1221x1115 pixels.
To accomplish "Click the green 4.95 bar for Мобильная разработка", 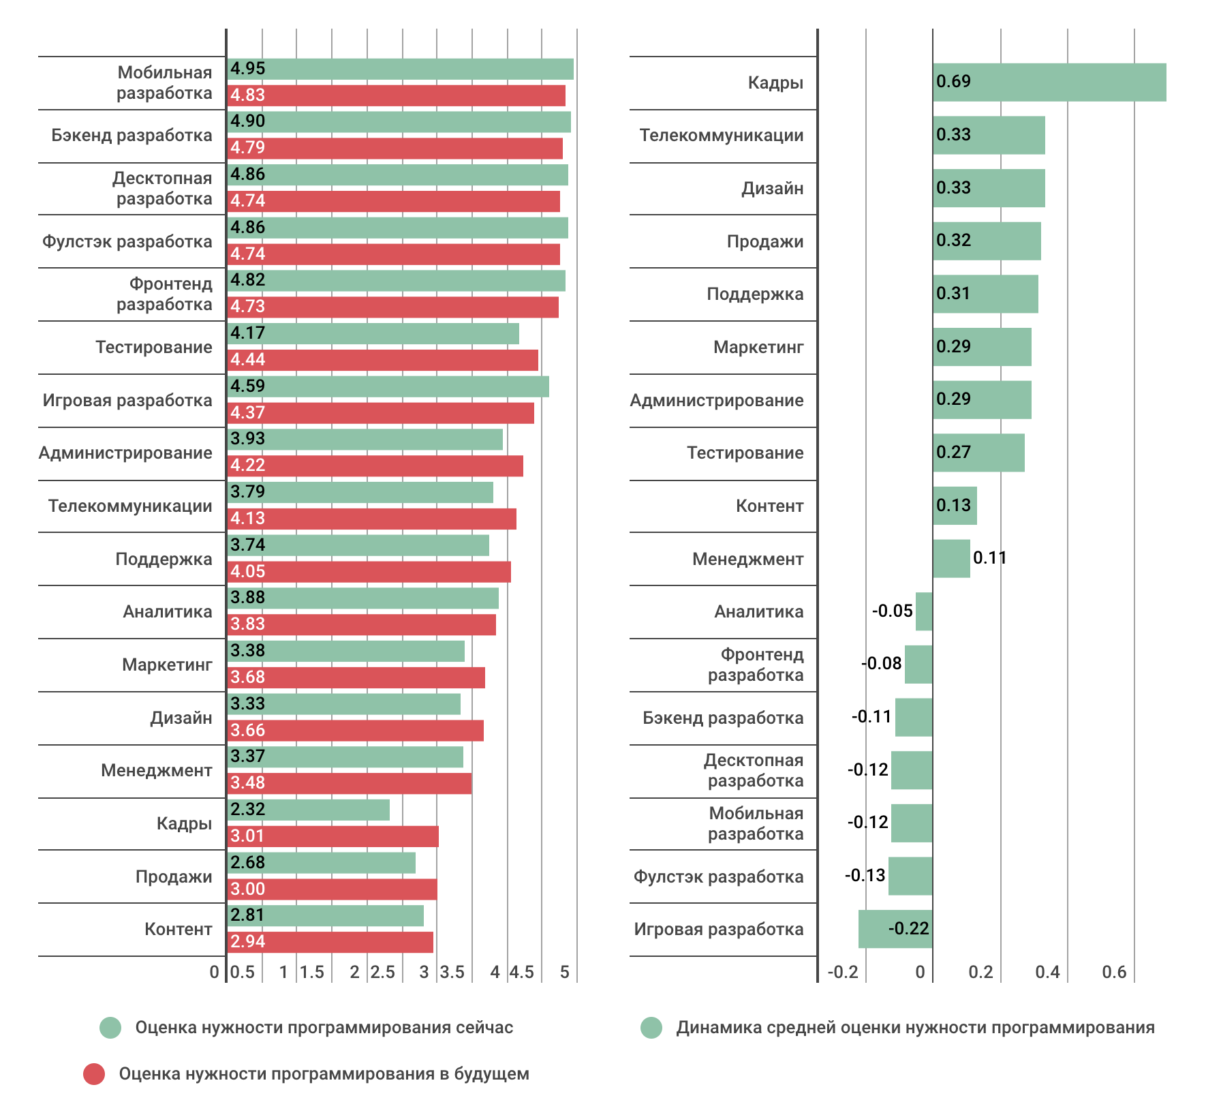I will pyautogui.click(x=401, y=69).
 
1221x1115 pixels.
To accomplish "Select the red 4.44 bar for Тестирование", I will pyautogui.click(x=383, y=360).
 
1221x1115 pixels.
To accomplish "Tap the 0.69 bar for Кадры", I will pyautogui.click(x=1049, y=82).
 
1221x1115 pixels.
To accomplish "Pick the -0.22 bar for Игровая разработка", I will pyautogui.click(x=895, y=929).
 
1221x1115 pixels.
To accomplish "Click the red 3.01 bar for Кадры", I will pyautogui.click(x=333, y=836).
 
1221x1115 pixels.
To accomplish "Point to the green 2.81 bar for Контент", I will pyautogui.click(x=326, y=915).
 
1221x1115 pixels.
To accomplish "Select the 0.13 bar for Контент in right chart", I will pyautogui.click(x=955, y=506).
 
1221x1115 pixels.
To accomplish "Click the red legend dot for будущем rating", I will pyautogui.click(x=94, y=1074).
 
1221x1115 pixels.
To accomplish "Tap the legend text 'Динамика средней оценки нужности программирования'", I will pyautogui.click(x=915, y=1028).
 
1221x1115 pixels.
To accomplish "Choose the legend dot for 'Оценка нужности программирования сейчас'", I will pyautogui.click(x=110, y=1028).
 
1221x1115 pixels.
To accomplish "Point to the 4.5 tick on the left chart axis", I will pyautogui.click(x=522, y=972).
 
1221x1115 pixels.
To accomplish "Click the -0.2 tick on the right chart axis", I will pyautogui.click(x=843, y=972).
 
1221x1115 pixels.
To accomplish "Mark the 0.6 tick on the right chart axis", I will pyautogui.click(x=1114, y=972).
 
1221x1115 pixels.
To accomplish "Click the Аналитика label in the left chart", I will pyautogui.click(x=168, y=611).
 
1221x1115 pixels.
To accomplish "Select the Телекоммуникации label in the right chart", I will pyautogui.click(x=722, y=135).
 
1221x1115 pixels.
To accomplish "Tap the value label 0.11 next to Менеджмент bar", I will pyautogui.click(x=989, y=558).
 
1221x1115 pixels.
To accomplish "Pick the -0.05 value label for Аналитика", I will pyautogui.click(x=892, y=611).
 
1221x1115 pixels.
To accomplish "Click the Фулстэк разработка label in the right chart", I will pyautogui.click(x=719, y=876).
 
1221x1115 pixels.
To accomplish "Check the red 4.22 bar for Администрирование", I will pyautogui.click(x=375, y=466).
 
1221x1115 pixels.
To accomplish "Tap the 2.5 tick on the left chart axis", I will pyautogui.click(x=383, y=972).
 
